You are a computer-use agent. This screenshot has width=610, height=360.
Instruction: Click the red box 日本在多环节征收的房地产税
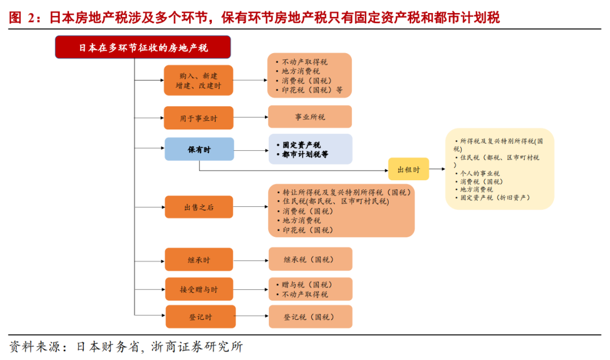pyautogui.click(x=143, y=47)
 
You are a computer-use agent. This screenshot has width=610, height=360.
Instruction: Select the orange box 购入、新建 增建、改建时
pyautogui.click(x=198, y=80)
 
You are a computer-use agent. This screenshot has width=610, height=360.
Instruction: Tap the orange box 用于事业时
pyautogui.click(x=198, y=118)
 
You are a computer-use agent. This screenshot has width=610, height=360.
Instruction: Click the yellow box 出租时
pyautogui.click(x=408, y=169)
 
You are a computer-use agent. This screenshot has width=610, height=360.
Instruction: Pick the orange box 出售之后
pyautogui.click(x=199, y=207)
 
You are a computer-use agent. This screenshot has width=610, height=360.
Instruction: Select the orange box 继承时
pyautogui.click(x=199, y=259)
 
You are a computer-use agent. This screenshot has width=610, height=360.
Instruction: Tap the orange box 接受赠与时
pyautogui.click(x=199, y=289)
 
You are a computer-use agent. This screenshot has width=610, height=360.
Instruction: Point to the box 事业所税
pyautogui.click(x=310, y=117)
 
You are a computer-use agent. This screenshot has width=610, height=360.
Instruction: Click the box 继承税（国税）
pyautogui.click(x=310, y=259)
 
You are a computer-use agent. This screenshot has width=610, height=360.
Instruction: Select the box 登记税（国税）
pyautogui.click(x=310, y=317)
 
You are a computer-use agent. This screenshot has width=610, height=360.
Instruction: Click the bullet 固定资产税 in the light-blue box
pyautogui.click(x=302, y=145)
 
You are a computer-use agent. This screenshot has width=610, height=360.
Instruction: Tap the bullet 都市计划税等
pyautogui.click(x=305, y=154)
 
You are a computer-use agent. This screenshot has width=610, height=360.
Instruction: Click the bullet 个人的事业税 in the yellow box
pyautogui.click(x=480, y=174)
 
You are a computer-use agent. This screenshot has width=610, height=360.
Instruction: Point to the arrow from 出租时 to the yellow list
pyautogui.click(x=437, y=169)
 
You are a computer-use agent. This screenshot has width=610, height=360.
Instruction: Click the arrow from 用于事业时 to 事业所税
pyautogui.click(x=250, y=118)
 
